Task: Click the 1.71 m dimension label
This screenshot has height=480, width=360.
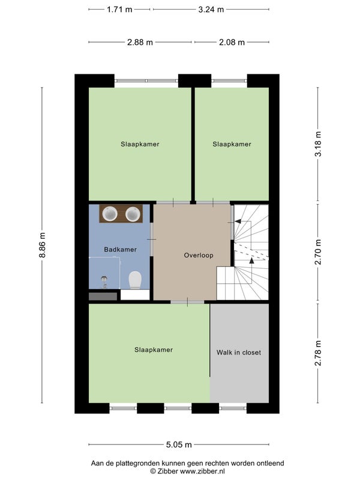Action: click(119, 10)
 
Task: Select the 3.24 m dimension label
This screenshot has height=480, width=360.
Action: click(211, 10)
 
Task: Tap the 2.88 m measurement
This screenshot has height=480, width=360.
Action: click(140, 42)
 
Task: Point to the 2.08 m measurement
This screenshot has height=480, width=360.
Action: click(232, 42)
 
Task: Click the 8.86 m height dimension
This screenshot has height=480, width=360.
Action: click(42, 245)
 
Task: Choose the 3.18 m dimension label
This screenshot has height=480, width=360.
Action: click(318, 144)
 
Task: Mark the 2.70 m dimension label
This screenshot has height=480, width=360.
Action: click(318, 252)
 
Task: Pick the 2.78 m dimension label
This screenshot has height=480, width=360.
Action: click(318, 353)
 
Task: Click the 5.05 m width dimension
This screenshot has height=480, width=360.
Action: click(179, 445)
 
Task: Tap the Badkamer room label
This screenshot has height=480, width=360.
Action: click(121, 250)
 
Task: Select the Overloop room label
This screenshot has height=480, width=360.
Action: click(199, 256)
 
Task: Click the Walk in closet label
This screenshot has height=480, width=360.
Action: click(239, 352)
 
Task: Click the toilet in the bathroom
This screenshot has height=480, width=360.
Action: click(135, 280)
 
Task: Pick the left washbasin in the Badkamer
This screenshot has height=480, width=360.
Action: click(110, 214)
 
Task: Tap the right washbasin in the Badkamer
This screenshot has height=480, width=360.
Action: click(133, 214)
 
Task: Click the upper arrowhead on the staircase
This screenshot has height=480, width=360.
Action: click(237, 221)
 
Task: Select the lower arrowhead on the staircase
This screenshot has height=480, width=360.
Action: click(251, 260)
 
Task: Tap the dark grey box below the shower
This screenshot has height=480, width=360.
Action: click(103, 296)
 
